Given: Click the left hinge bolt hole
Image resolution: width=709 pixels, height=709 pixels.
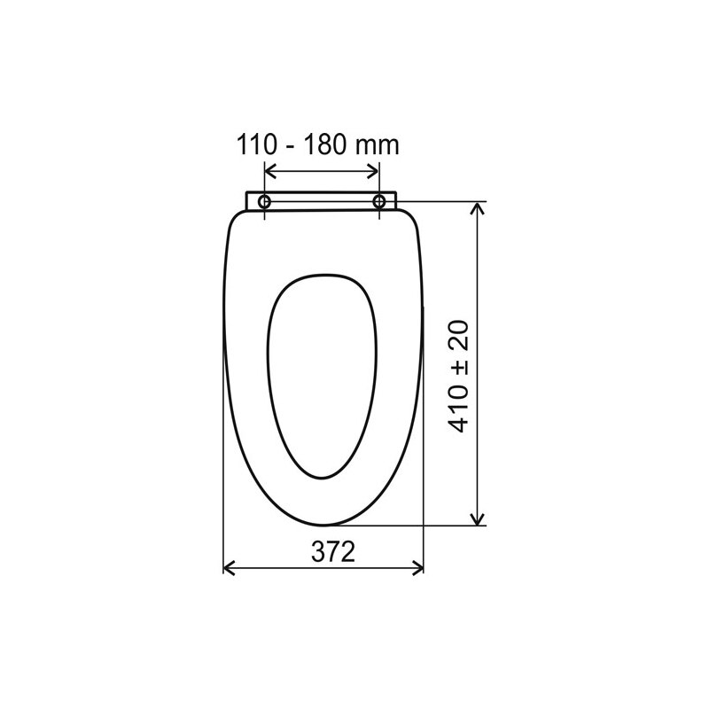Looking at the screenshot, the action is [264, 202].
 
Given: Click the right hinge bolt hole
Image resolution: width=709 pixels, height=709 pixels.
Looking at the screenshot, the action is [379, 202].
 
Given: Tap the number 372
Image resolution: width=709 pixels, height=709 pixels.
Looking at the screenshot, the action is [333, 551].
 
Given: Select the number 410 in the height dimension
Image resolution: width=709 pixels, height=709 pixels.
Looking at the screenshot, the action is [458, 409].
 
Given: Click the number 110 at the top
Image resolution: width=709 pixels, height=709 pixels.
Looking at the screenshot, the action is [256, 144].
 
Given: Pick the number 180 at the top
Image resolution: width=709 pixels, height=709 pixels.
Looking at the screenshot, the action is [324, 144].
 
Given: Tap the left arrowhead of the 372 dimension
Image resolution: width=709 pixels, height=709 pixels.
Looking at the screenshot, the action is [229, 567].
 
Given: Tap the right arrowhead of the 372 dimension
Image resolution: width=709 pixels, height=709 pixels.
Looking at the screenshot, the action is [417, 567].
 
